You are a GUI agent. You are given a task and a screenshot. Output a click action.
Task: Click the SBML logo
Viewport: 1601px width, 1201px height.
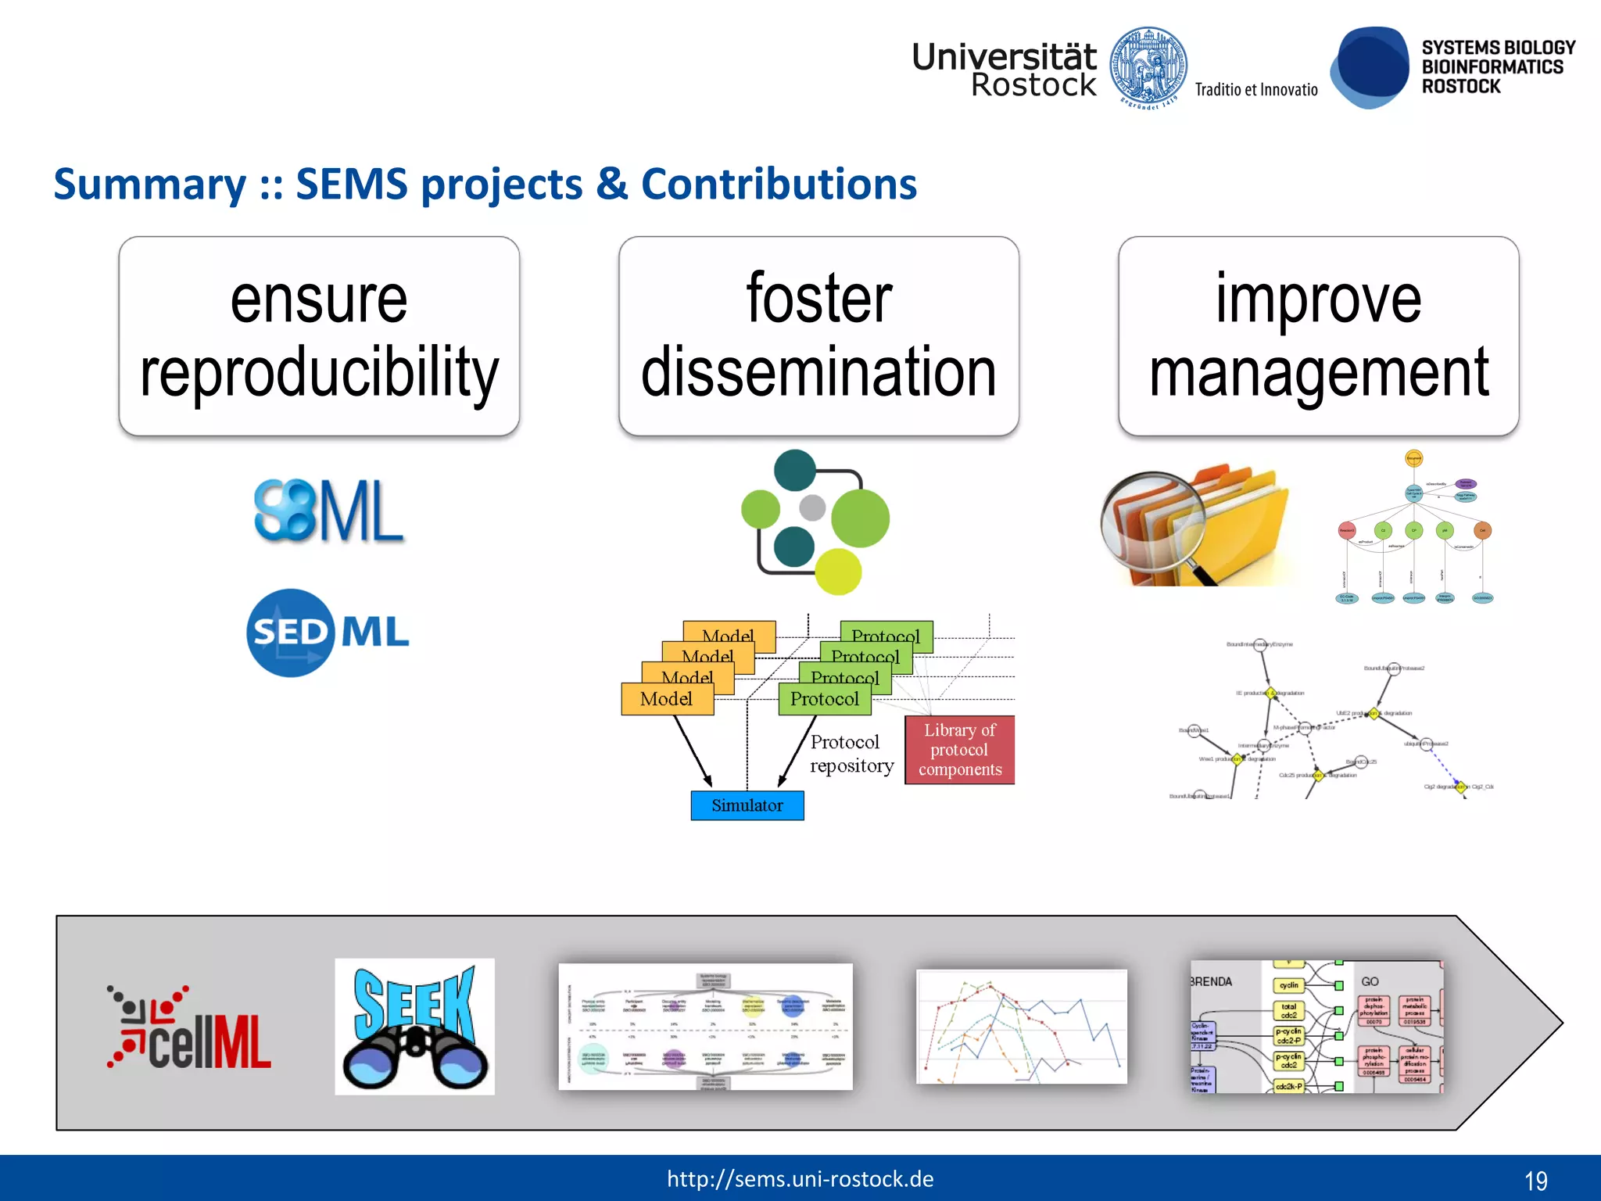(328, 511)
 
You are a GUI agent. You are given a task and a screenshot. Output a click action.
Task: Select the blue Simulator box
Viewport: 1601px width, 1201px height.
(747, 805)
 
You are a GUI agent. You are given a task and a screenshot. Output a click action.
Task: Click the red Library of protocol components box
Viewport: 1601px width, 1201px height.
(959, 750)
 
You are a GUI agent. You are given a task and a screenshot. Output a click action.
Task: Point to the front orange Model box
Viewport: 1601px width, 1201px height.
(667, 699)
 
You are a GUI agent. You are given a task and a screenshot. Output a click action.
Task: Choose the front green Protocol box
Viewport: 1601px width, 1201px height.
(824, 699)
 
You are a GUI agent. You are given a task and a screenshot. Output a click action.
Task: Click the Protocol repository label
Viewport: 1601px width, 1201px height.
(851, 754)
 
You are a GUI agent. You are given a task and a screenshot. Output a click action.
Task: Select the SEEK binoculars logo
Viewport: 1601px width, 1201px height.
(414, 1026)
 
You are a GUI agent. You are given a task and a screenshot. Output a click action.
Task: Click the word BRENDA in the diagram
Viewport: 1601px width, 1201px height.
(1211, 982)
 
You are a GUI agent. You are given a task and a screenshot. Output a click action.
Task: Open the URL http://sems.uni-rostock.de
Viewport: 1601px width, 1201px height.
(800, 1179)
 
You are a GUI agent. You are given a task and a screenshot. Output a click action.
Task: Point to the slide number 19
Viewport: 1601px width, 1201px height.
(1535, 1181)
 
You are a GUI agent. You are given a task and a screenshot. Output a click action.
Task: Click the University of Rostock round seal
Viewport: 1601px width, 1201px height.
(1148, 67)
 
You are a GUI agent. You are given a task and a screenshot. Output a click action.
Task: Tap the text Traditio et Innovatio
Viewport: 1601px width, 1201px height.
(1255, 90)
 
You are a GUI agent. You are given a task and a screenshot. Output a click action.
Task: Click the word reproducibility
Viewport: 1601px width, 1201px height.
(319, 372)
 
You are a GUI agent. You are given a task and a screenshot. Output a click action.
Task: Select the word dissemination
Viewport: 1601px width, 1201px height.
(818, 372)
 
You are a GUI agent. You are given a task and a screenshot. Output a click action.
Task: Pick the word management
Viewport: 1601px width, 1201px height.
(1318, 372)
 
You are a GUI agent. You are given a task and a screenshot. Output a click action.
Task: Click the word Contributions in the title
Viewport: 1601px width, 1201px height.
(779, 185)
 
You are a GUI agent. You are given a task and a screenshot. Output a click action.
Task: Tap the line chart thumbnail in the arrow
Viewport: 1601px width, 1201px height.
(1021, 1026)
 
